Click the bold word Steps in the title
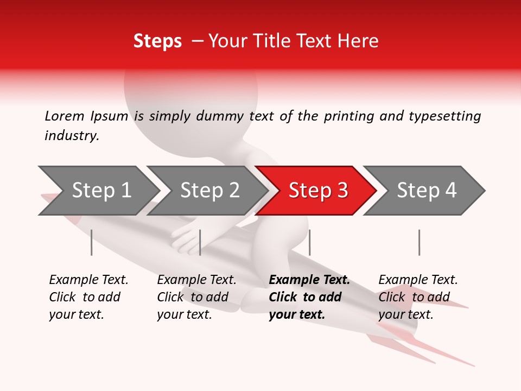157,41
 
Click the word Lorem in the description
65,116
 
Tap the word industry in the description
71,135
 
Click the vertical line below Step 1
91,242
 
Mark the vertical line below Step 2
200,242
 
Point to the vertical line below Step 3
309,242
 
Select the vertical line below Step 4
419,242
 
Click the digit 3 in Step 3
341,191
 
